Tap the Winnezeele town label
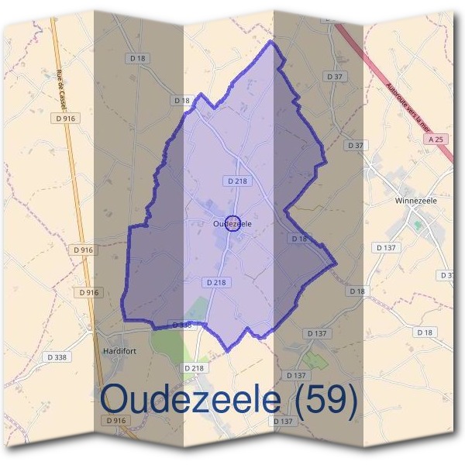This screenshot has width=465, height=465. tap(415, 201)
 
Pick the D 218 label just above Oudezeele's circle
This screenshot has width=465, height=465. tap(238, 181)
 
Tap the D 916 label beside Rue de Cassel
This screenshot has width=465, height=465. tap(67, 119)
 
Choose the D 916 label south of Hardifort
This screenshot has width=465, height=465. tap(115, 419)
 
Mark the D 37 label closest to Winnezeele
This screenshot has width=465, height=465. tap(356, 146)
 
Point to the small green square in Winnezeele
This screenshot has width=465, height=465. tap(418, 226)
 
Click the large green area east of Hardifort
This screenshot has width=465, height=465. tap(167, 341)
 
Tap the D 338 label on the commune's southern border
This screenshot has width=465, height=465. tap(180, 325)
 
